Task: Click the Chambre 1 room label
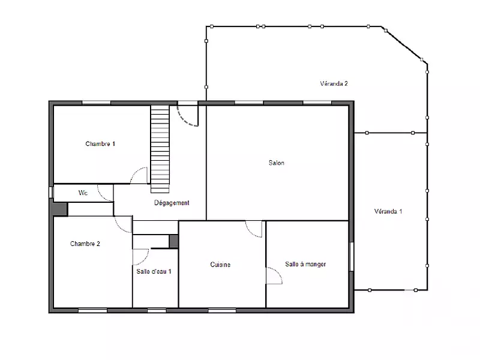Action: click(100, 143)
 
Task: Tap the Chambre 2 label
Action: click(85, 244)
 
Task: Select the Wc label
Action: click(83, 193)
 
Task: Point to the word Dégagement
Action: click(172, 203)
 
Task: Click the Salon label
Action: click(276, 163)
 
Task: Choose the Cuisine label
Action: click(220, 265)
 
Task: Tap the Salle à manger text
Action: click(305, 264)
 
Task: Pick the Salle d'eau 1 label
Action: click(154, 271)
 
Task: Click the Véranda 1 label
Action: click(388, 211)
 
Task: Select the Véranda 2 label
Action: click(334, 83)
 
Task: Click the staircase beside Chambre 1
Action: click(160, 149)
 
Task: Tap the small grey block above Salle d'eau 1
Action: click(173, 241)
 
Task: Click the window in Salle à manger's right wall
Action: click(352, 257)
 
